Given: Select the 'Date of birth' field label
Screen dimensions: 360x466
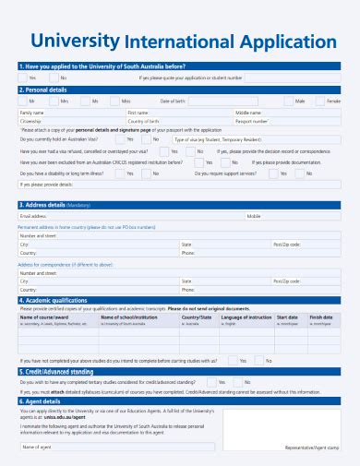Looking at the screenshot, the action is pyautogui.click(x=174, y=101).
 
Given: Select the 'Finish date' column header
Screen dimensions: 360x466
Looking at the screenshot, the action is pyautogui.click(x=321, y=317).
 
